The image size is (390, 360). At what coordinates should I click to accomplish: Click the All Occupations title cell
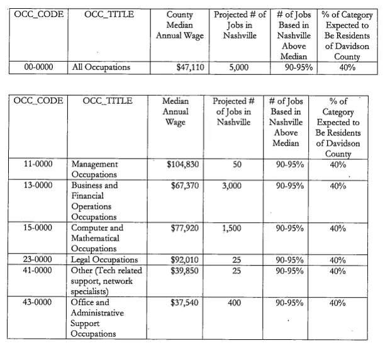[x=101, y=66]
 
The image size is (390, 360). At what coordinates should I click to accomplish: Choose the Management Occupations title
[x=95, y=170]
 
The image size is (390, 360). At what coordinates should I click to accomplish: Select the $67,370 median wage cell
[x=186, y=186]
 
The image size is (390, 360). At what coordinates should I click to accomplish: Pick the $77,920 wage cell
[x=186, y=228]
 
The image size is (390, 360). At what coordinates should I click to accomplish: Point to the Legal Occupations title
[x=104, y=259]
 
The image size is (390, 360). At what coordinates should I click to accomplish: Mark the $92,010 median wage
[x=186, y=259]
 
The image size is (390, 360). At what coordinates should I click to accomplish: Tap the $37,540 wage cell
[x=186, y=303]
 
